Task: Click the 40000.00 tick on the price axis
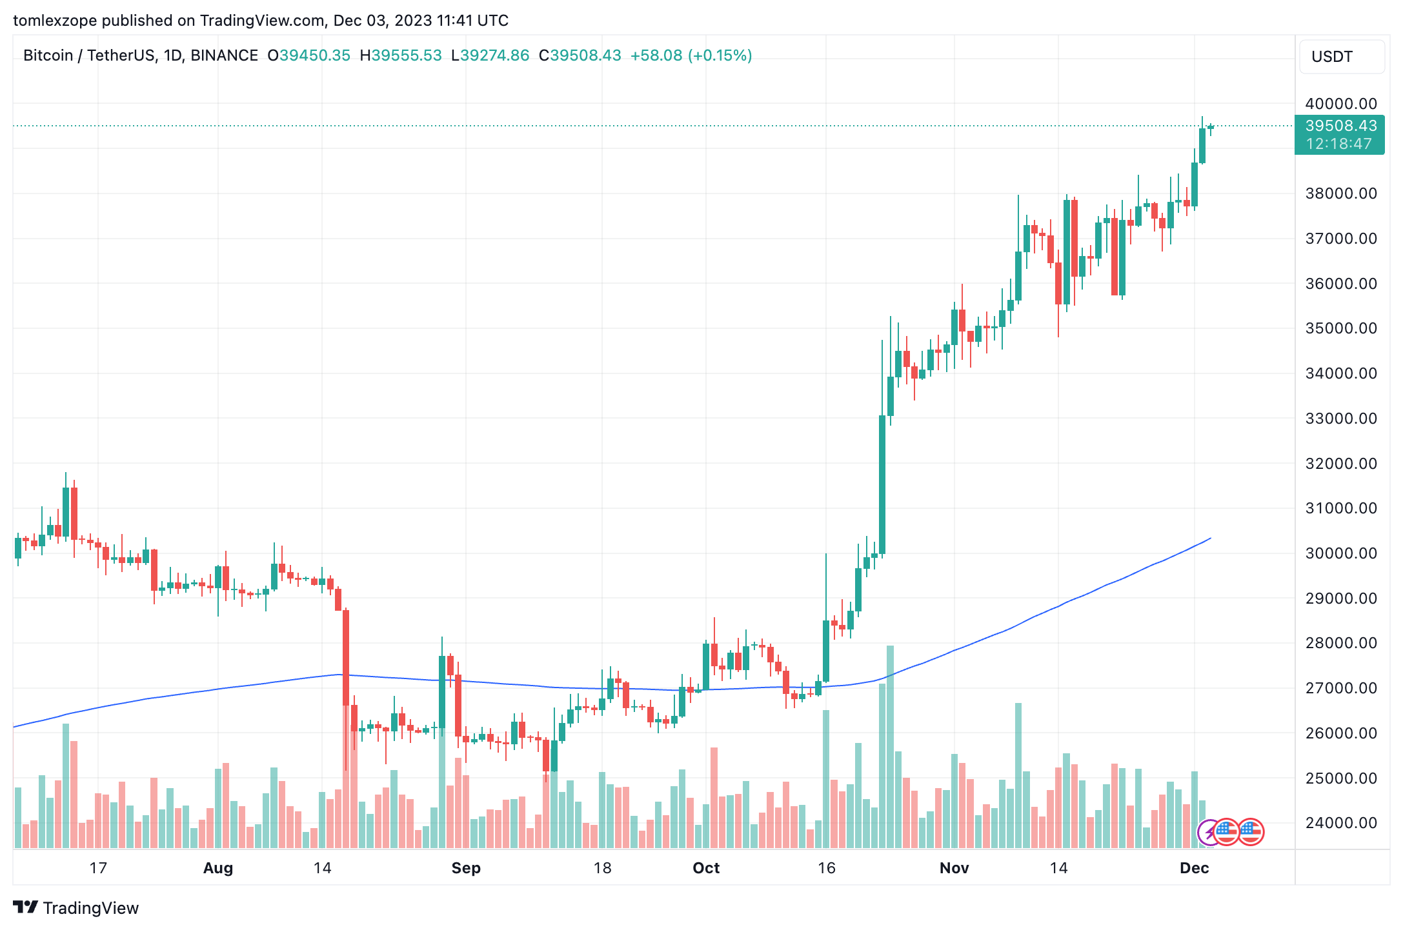1340,104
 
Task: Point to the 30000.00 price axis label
1340,553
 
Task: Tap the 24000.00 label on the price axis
1340,823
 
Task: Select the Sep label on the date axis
466,868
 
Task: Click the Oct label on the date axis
706,868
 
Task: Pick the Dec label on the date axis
1194,868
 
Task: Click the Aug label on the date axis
218,868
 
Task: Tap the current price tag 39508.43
1340,126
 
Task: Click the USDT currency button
1340,57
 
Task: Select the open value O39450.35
308,55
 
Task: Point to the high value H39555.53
401,55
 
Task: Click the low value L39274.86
490,55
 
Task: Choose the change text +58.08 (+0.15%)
691,55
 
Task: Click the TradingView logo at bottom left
76,908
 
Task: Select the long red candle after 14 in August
346,658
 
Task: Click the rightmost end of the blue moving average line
1210,539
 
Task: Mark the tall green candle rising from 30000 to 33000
882,484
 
